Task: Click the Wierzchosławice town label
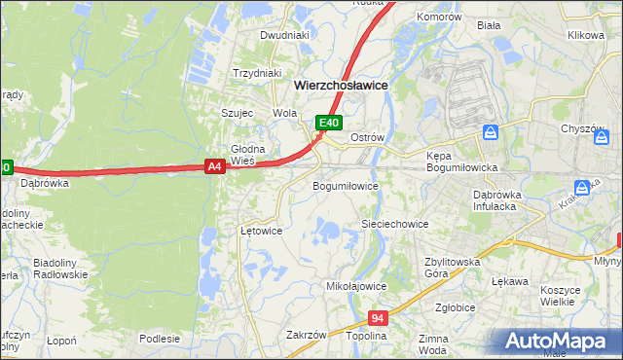tap(341, 86)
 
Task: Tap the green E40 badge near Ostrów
tap(330, 123)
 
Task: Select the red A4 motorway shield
tap(216, 167)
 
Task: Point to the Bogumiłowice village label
tap(345, 185)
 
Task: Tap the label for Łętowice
tap(261, 232)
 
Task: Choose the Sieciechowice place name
tap(395, 224)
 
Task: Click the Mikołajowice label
tap(356, 287)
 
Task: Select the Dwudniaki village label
tap(284, 35)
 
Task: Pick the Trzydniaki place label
tap(257, 73)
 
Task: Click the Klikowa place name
tap(586, 35)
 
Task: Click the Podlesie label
tap(160, 339)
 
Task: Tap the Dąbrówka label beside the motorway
tap(43, 182)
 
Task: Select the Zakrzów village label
tap(306, 335)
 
